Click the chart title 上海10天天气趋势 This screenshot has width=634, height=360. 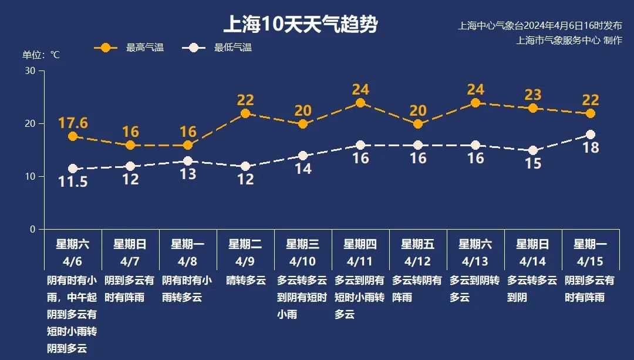(x=301, y=25)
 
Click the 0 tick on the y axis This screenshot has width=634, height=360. (x=32, y=230)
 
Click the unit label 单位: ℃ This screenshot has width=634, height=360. (x=41, y=55)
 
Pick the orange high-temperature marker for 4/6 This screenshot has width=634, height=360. (x=73, y=136)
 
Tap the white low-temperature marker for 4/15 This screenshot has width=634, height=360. (x=591, y=134)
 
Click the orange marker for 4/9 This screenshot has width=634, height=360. (x=245, y=113)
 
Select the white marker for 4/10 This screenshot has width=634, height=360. (x=303, y=156)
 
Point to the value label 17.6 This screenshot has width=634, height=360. (x=73, y=123)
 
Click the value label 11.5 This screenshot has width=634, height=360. (x=73, y=182)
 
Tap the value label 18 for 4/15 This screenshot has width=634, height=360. (x=591, y=148)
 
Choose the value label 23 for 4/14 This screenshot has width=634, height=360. (x=533, y=95)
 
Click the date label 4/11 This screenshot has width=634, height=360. (x=360, y=260)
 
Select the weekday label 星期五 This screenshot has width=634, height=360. (x=418, y=244)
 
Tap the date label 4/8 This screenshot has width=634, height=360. (x=188, y=260)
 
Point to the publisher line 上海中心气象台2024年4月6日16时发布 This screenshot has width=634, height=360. (x=539, y=26)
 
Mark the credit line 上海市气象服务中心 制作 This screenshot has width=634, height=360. (x=568, y=41)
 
